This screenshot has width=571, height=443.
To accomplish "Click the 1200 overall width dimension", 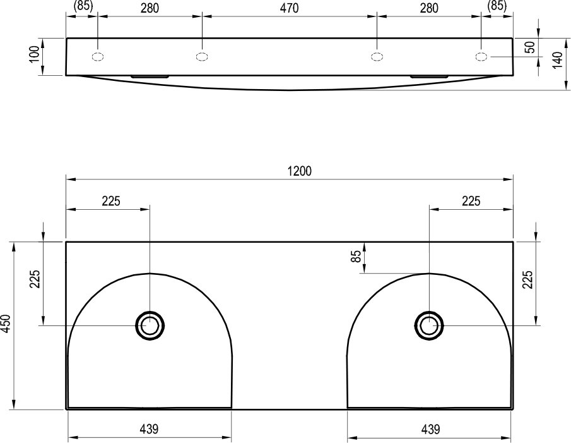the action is click(300, 171).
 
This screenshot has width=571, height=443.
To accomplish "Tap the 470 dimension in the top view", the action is click(290, 8).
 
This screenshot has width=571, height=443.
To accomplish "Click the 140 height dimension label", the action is click(558, 61).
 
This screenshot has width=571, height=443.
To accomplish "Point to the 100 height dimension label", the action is click(34, 54).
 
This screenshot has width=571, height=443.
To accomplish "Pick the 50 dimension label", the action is click(531, 47).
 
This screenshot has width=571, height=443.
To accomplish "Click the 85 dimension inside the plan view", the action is click(357, 257).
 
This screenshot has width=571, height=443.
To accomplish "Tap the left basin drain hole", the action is click(150, 325).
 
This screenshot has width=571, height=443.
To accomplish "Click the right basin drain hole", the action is click(429, 325).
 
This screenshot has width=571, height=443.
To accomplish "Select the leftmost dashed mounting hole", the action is click(98, 57).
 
